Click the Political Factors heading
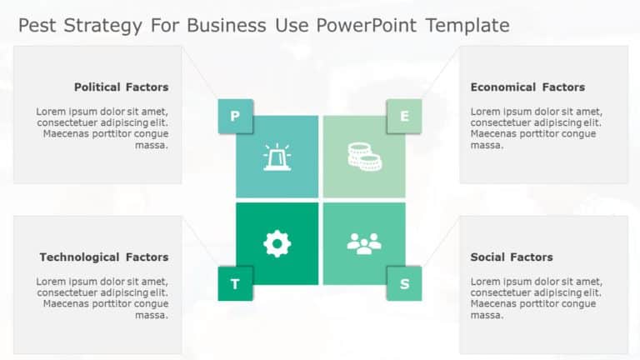click(121, 87)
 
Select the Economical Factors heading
click(527, 87)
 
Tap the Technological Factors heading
click(103, 257)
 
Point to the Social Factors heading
click(512, 257)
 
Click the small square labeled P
click(235, 117)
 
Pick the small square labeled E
click(404, 117)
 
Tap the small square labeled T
click(235, 284)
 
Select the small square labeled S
click(404, 284)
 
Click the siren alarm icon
click(277, 157)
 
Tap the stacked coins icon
click(364, 156)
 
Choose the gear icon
click(277, 243)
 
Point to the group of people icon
click(364, 243)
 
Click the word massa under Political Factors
click(152, 145)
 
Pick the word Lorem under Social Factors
click(485, 281)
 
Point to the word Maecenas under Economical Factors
click(494, 133)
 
